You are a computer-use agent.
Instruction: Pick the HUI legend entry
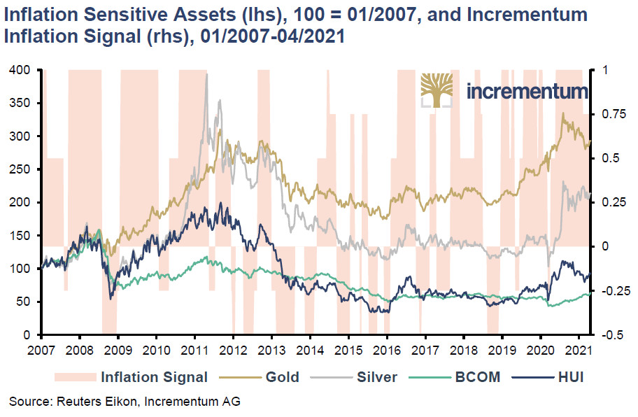[x=567, y=377]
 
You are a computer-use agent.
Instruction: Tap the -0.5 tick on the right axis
[x=609, y=335]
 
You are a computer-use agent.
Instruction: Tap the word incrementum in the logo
[x=526, y=92]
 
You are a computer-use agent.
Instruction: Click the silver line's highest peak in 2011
[x=206, y=75]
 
